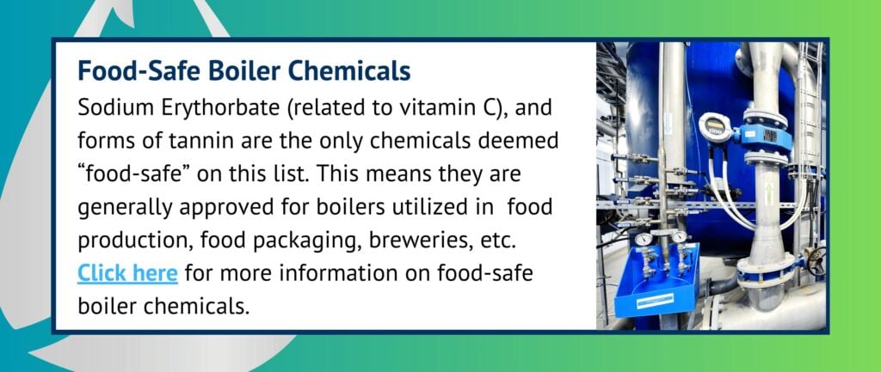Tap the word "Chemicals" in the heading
point(354,70)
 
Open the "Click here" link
point(127,274)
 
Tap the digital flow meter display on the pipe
point(713,128)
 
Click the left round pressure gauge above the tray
point(644,239)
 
